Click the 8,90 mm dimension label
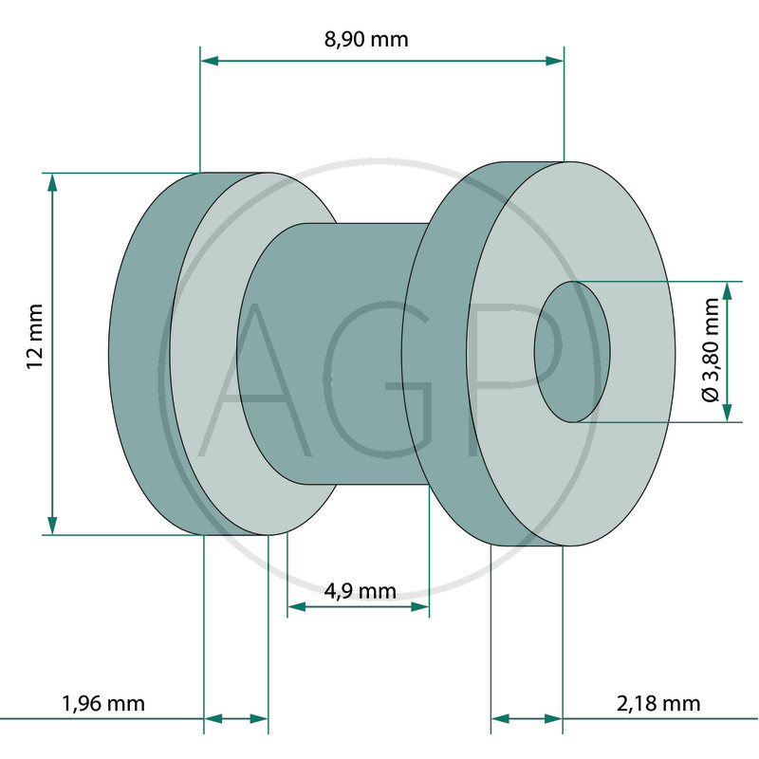coord(366,39)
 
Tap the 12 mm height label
coord(35,337)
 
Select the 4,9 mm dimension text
coord(361,591)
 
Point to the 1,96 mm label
coord(103,703)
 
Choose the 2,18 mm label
coord(658,703)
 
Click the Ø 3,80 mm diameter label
coord(711,350)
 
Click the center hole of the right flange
coord(572,352)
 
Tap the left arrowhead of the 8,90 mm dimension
coord(209,61)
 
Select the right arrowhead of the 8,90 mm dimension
coord(555,61)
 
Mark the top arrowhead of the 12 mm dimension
coord(52,182)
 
